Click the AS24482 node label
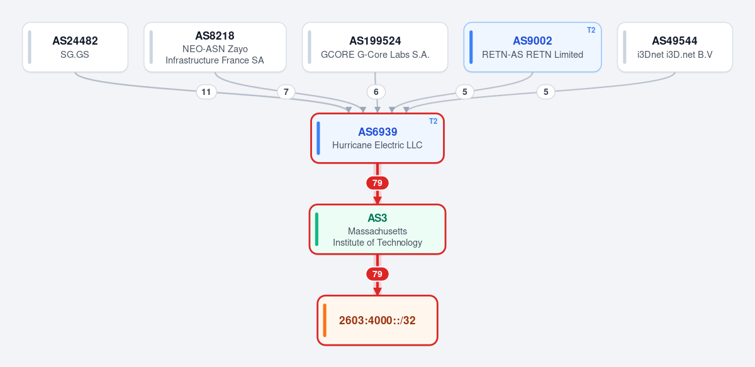click(75, 41)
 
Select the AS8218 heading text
click(215, 36)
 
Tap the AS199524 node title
click(375, 41)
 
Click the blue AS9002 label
click(532, 41)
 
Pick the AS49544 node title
click(674, 41)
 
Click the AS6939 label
click(377, 131)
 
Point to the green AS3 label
click(377, 218)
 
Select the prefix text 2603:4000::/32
click(377, 320)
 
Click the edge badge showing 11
click(206, 92)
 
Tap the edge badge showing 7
click(286, 92)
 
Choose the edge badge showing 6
click(376, 92)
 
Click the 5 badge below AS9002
click(465, 92)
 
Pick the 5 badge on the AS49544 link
click(546, 92)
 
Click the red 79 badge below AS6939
click(377, 183)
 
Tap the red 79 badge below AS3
click(377, 274)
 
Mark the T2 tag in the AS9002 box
click(591, 30)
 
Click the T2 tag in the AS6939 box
click(433, 121)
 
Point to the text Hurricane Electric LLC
click(377, 145)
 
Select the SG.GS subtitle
click(75, 55)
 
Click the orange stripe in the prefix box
click(325, 320)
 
